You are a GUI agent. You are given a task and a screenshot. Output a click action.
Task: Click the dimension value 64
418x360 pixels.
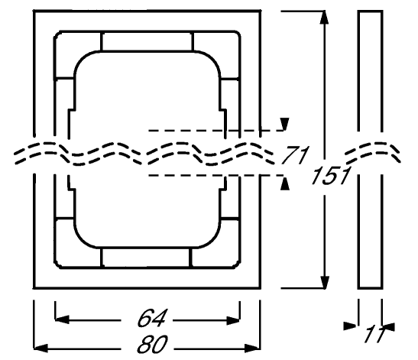coord(151,318)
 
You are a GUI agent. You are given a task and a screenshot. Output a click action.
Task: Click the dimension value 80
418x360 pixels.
coord(152,344)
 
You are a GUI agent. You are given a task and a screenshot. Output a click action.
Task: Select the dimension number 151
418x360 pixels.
coord(331,176)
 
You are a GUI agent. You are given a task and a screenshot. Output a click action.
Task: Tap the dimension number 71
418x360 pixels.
coord(296,155)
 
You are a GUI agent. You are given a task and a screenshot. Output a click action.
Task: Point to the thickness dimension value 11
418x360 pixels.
coord(374,333)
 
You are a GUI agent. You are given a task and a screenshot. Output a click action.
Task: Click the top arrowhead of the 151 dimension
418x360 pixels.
coord(324,18)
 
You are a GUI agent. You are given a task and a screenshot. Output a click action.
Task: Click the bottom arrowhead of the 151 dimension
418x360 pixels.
coord(324,282)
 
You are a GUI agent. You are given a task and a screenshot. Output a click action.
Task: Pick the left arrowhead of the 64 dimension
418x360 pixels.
coord(62,319)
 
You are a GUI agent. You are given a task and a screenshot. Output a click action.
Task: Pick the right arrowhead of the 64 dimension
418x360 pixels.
coord(233,320)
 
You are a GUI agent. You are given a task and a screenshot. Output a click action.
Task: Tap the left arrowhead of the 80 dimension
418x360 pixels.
coord(41,348)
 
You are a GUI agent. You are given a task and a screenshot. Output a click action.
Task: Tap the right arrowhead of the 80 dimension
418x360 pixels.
coord(253,348)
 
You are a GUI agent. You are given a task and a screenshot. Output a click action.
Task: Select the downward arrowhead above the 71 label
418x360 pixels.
coord(285,124)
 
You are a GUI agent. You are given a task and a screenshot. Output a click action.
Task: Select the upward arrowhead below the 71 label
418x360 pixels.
coord(285,183)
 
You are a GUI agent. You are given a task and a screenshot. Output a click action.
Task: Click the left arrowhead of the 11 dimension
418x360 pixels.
coord(351,326)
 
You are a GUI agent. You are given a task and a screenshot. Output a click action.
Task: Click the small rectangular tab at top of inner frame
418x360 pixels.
coord(147,41)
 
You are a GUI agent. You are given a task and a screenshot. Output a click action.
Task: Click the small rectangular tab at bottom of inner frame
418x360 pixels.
coord(147,258)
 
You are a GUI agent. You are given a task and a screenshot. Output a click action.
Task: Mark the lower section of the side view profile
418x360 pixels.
coord(371,232)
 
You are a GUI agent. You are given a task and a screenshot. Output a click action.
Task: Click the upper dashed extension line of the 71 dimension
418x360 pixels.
coord(216,131)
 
